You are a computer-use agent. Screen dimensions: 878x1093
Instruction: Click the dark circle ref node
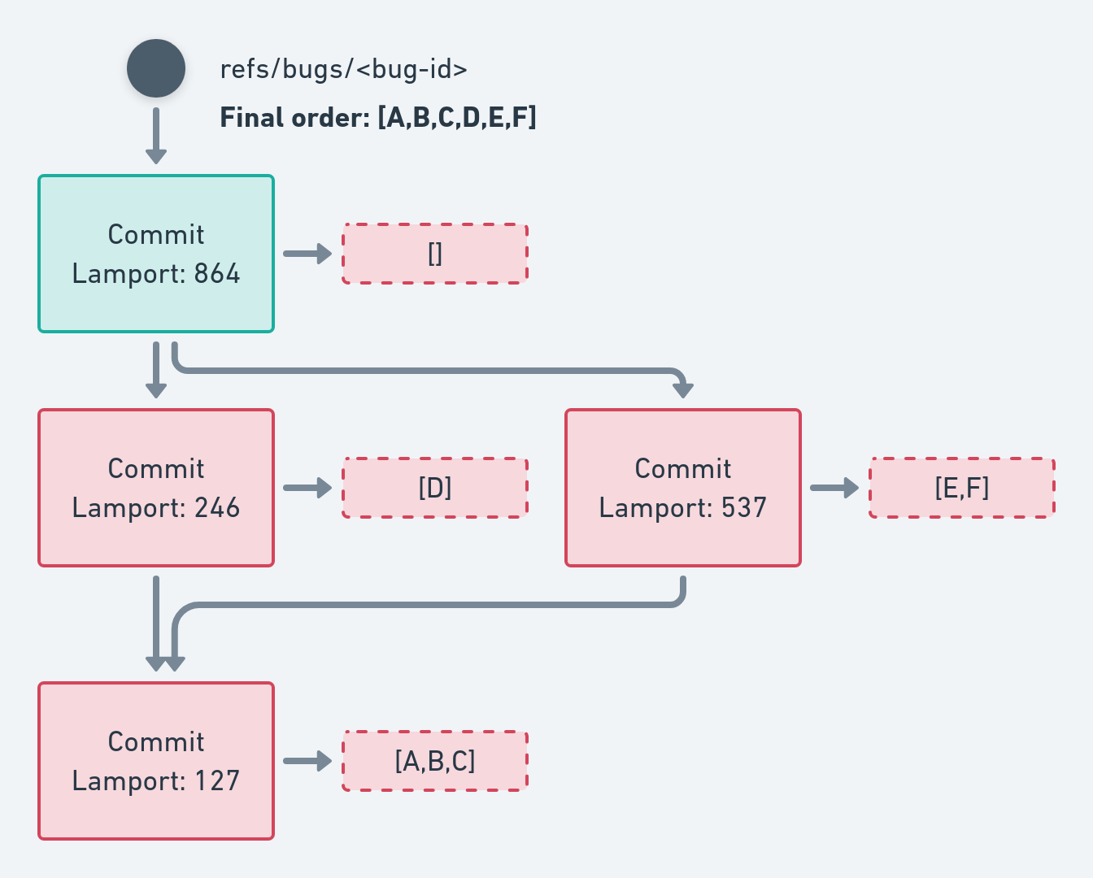[156, 68]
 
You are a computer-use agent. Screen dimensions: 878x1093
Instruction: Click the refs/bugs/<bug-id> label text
[343, 69]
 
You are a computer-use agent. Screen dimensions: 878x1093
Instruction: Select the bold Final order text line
[378, 118]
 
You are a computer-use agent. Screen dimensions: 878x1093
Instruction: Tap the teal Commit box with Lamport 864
[156, 254]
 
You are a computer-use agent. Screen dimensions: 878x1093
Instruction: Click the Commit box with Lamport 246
[156, 488]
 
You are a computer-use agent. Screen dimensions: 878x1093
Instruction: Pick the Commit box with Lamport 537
[683, 488]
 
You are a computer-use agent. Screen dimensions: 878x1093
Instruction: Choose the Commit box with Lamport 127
[156, 761]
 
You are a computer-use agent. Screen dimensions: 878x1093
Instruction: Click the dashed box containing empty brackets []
[435, 254]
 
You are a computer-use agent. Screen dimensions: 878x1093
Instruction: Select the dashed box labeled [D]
[435, 488]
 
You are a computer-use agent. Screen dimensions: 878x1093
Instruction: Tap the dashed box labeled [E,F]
[962, 488]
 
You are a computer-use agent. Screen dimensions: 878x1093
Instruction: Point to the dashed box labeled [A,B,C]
[435, 761]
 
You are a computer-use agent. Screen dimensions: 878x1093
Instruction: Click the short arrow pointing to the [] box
[307, 254]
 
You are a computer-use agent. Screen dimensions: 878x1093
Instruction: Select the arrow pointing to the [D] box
[307, 488]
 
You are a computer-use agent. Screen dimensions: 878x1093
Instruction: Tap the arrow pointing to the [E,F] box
[834, 488]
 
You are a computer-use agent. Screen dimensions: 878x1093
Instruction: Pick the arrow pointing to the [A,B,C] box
[307, 761]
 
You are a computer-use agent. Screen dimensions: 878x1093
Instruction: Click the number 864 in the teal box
[216, 274]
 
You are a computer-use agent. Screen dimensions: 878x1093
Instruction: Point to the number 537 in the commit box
[743, 508]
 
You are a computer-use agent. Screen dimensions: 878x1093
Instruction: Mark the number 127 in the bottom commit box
[216, 781]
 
